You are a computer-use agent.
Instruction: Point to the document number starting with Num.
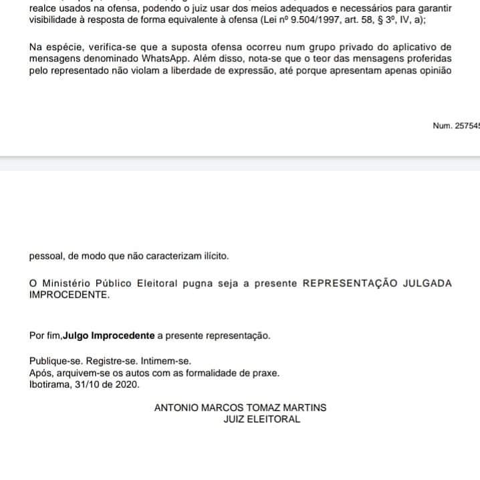tap(457, 126)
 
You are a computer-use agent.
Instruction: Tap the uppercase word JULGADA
tap(427, 283)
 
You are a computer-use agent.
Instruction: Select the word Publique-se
tap(53, 361)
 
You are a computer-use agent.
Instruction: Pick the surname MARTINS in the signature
tap(306, 407)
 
